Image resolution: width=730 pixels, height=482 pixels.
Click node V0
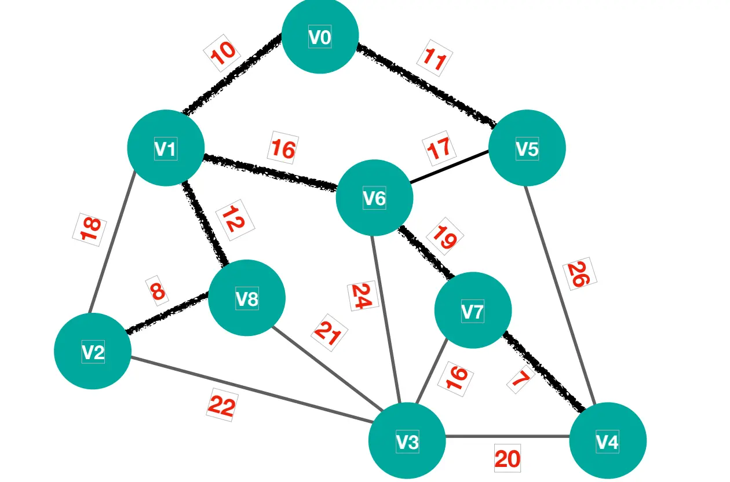coord(320,36)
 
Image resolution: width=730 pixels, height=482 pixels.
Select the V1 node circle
coord(166,148)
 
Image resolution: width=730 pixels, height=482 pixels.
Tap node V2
coord(93,351)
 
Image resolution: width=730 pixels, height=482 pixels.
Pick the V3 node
coord(407,441)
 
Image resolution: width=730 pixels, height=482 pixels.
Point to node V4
coord(607,441)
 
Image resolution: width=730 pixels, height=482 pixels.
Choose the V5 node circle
coord(527,148)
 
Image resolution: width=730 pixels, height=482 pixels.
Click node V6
coord(374,198)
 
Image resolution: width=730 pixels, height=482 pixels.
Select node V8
coord(247,298)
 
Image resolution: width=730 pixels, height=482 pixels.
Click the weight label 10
coord(222,53)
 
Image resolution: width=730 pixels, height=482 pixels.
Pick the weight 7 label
coord(521,379)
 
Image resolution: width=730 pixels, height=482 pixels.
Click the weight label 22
coord(222,405)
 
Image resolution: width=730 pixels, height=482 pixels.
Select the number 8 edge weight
coord(157,291)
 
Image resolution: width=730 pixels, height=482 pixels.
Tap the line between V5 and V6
coord(449,167)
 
